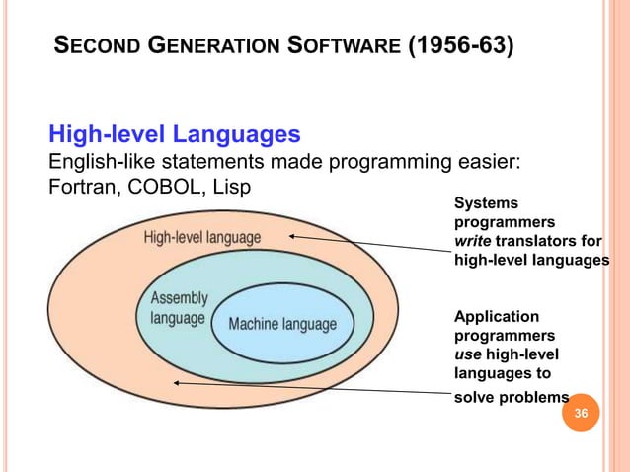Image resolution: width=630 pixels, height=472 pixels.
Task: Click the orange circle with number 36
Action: (x=581, y=412)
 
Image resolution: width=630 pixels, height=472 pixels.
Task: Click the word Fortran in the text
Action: (x=80, y=185)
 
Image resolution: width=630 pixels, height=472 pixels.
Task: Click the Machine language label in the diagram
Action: (x=282, y=324)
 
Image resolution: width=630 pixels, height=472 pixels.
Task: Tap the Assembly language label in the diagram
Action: (x=179, y=308)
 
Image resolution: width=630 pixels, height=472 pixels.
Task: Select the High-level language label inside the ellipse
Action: (x=202, y=238)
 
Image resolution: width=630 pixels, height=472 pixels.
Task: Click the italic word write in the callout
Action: (x=472, y=243)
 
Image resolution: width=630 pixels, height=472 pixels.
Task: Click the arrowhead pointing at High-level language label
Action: (x=293, y=237)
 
